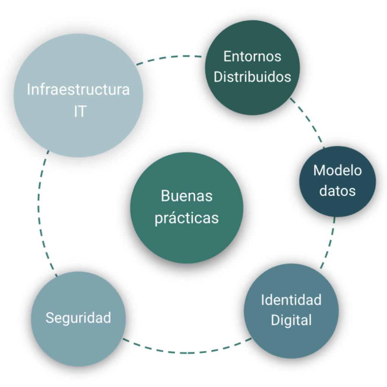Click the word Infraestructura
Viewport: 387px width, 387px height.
pos(78,90)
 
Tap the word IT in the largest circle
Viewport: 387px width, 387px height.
pos(80,111)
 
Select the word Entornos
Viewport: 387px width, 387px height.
pos(252,56)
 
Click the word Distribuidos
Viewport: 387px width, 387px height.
pos(252,77)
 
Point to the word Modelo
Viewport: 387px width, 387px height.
pos(337,170)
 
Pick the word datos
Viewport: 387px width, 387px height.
pos(337,190)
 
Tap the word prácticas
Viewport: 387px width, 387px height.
pos(187,218)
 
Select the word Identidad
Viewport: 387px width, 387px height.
pos(291,300)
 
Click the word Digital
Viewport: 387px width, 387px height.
pos(291,320)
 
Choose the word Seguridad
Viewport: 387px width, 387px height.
pos(78,317)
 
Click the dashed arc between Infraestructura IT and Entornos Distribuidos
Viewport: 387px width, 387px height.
pos(170,58)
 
